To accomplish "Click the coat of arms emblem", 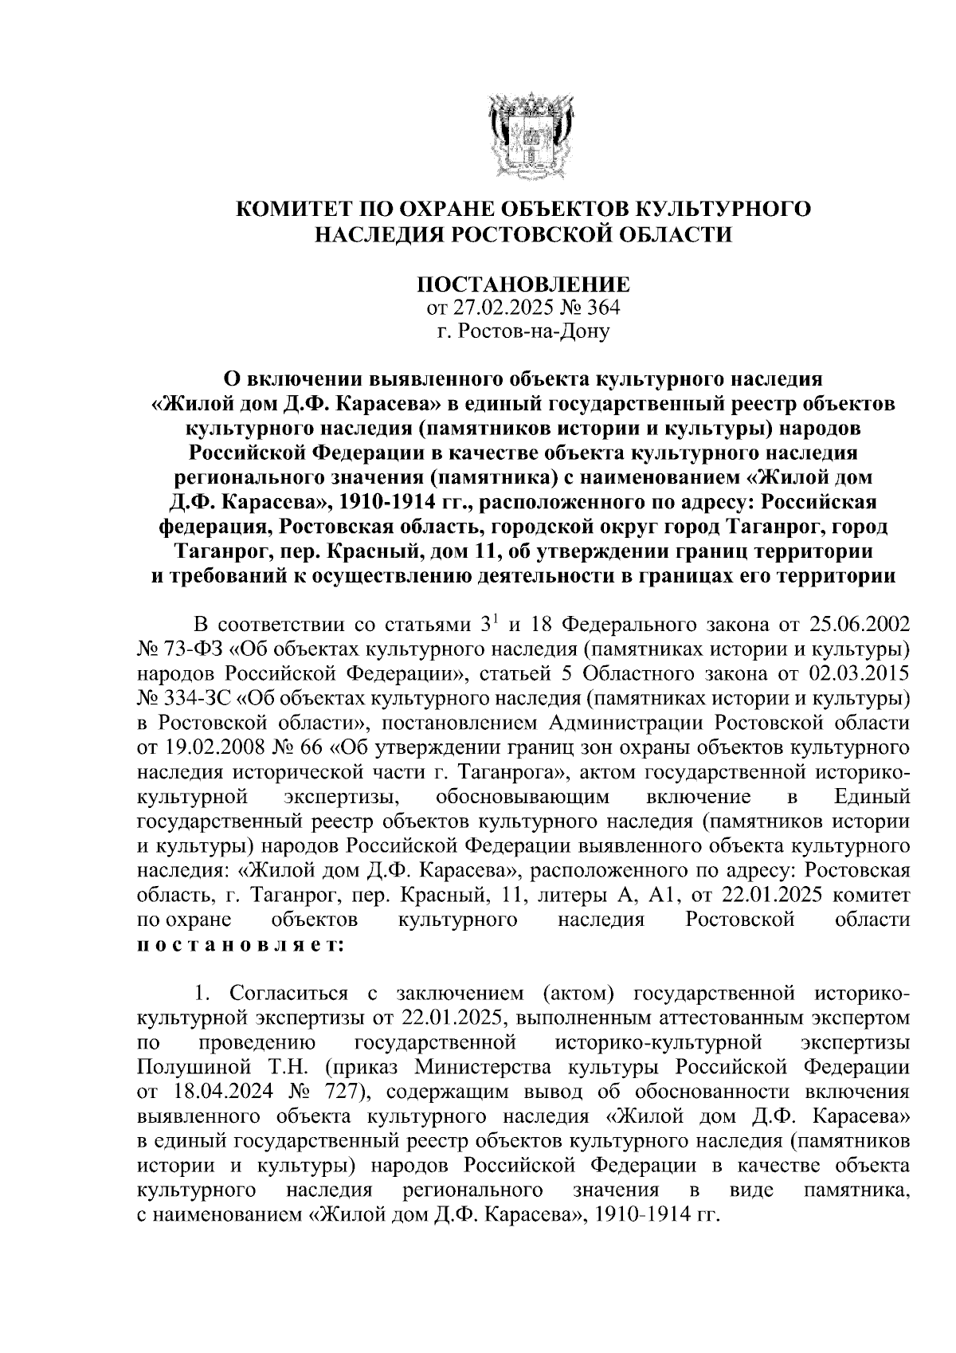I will pyautogui.click(x=524, y=133).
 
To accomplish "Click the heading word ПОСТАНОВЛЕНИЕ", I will pyautogui.click(x=524, y=284).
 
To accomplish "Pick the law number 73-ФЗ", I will pyautogui.click(x=185, y=645).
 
